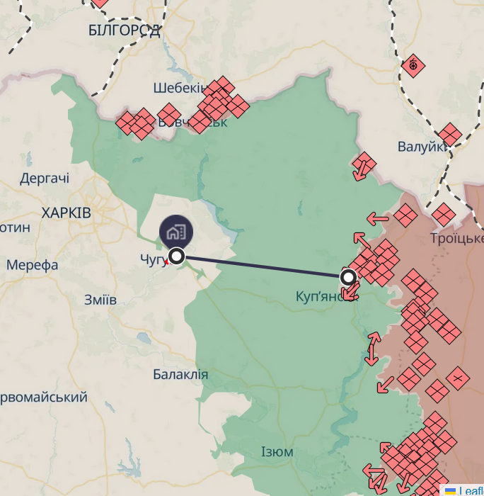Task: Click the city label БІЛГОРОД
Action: [x=125, y=30]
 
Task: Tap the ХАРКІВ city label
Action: [x=66, y=213]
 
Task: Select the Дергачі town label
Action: [x=45, y=179]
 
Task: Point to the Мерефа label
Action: [x=33, y=265]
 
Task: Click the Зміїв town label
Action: [x=100, y=299]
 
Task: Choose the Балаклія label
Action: [x=180, y=374]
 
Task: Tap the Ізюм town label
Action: [x=277, y=452]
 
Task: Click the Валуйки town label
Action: [x=422, y=147]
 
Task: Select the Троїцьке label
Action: [x=456, y=238]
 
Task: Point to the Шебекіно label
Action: [x=180, y=88]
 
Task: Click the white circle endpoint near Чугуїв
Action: [x=177, y=256]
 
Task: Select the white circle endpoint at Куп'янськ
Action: [x=348, y=276]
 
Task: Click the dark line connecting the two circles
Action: [x=262, y=266]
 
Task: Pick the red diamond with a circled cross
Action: [x=413, y=67]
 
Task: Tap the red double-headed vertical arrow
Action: [x=372, y=349]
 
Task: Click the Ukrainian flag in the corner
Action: [x=449, y=490]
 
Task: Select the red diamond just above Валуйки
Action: [x=449, y=134]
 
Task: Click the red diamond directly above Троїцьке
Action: [x=444, y=214]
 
